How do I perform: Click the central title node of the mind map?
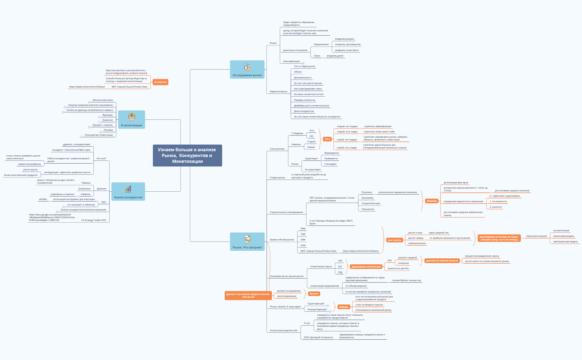click(187, 155)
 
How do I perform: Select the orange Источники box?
click(160, 82)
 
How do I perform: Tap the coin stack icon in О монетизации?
click(132, 117)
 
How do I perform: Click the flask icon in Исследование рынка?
click(247, 67)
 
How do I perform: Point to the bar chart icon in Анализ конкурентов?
click(128, 189)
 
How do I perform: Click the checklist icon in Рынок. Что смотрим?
click(247, 239)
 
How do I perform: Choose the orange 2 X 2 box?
click(327, 139)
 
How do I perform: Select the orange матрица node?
click(432, 201)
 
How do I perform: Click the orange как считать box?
click(394, 240)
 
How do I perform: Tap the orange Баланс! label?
click(314, 294)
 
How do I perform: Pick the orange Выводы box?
click(344, 307)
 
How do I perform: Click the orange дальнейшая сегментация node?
click(366, 267)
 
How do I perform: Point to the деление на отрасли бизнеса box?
click(442, 261)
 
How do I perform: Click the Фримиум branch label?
click(107, 115)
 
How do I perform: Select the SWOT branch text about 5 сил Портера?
click(331, 222)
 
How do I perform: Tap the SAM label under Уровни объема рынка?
click(303, 240)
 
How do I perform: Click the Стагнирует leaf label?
click(330, 164)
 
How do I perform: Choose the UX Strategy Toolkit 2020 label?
click(94, 220)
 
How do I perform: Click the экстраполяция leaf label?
click(561, 230)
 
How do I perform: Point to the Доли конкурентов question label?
click(304, 111)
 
